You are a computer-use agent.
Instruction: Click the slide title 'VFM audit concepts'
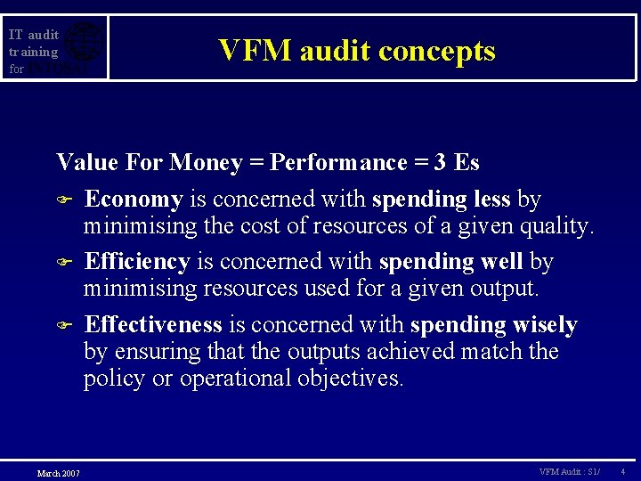(x=357, y=51)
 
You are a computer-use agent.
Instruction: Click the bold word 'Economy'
(x=134, y=199)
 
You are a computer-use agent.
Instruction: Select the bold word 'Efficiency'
(x=137, y=262)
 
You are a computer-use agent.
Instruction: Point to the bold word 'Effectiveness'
(x=152, y=324)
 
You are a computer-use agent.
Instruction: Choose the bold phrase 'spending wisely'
(x=494, y=324)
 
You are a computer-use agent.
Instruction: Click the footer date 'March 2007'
(x=58, y=472)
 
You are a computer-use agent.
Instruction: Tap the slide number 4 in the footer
(x=622, y=470)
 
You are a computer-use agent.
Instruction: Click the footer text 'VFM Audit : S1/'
(x=570, y=470)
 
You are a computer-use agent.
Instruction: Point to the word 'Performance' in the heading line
(x=338, y=162)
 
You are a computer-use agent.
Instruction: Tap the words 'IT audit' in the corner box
(x=34, y=35)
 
